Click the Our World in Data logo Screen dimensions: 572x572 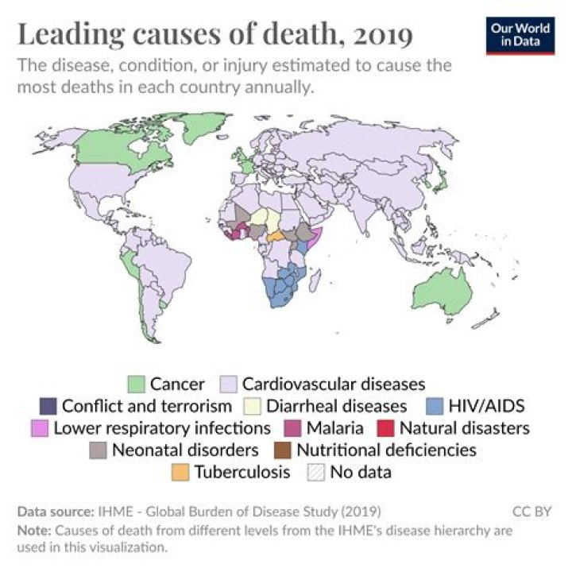(517, 33)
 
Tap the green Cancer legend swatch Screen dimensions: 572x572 (137, 385)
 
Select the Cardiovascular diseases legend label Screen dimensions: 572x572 (334, 385)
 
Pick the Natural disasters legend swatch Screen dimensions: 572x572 (388, 428)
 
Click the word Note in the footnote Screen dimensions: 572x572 (29, 530)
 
